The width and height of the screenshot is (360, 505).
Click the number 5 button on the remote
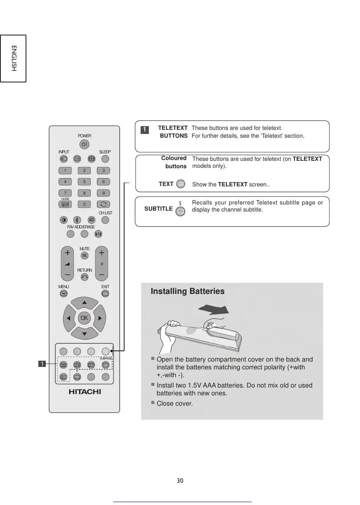click(x=84, y=181)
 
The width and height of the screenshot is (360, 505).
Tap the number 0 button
click(x=84, y=204)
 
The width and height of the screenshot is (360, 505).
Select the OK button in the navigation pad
click(x=84, y=318)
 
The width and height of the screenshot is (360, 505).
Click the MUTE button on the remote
click(x=85, y=256)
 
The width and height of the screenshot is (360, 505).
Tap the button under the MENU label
click(x=64, y=294)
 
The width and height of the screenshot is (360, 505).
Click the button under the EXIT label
click(x=105, y=294)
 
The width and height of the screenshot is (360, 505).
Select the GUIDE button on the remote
click(x=65, y=204)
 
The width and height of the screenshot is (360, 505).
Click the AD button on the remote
click(x=92, y=220)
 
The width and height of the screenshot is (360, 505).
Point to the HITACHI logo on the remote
click(x=85, y=392)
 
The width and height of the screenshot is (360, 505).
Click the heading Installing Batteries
click(x=188, y=291)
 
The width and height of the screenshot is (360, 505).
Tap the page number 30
click(x=180, y=481)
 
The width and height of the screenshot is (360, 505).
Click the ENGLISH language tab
click(x=13, y=58)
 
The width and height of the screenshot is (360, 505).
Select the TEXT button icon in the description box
click(x=180, y=184)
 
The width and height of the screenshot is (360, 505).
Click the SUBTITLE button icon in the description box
click(x=180, y=211)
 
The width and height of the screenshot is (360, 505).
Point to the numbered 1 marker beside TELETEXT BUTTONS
click(x=145, y=130)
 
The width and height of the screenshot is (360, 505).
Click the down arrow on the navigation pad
click(x=84, y=333)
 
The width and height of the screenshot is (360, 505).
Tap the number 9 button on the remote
click(x=104, y=193)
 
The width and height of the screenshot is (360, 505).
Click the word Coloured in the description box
click(x=174, y=158)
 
